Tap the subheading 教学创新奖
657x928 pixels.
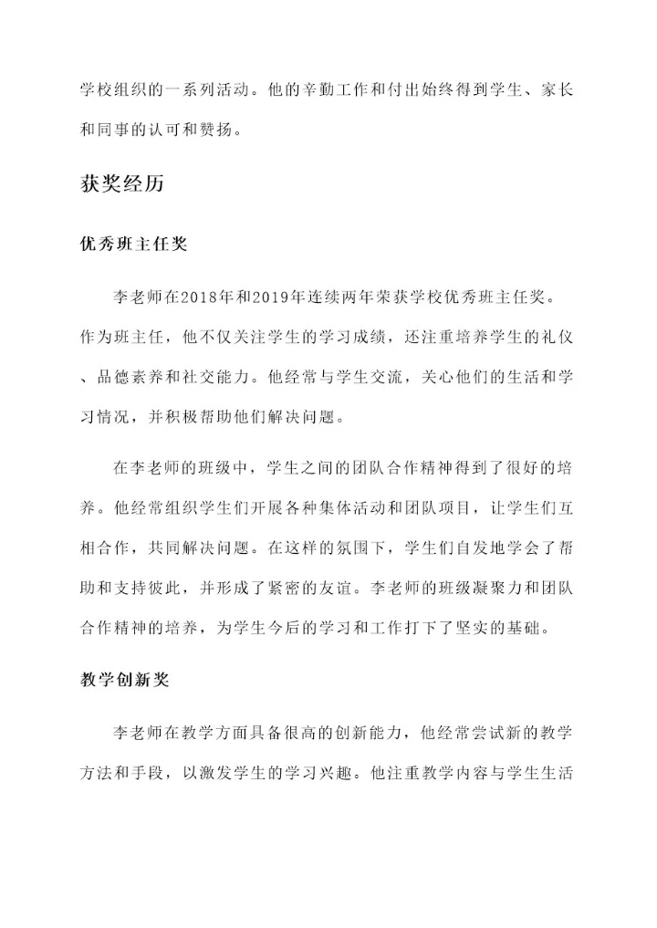click(122, 680)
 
